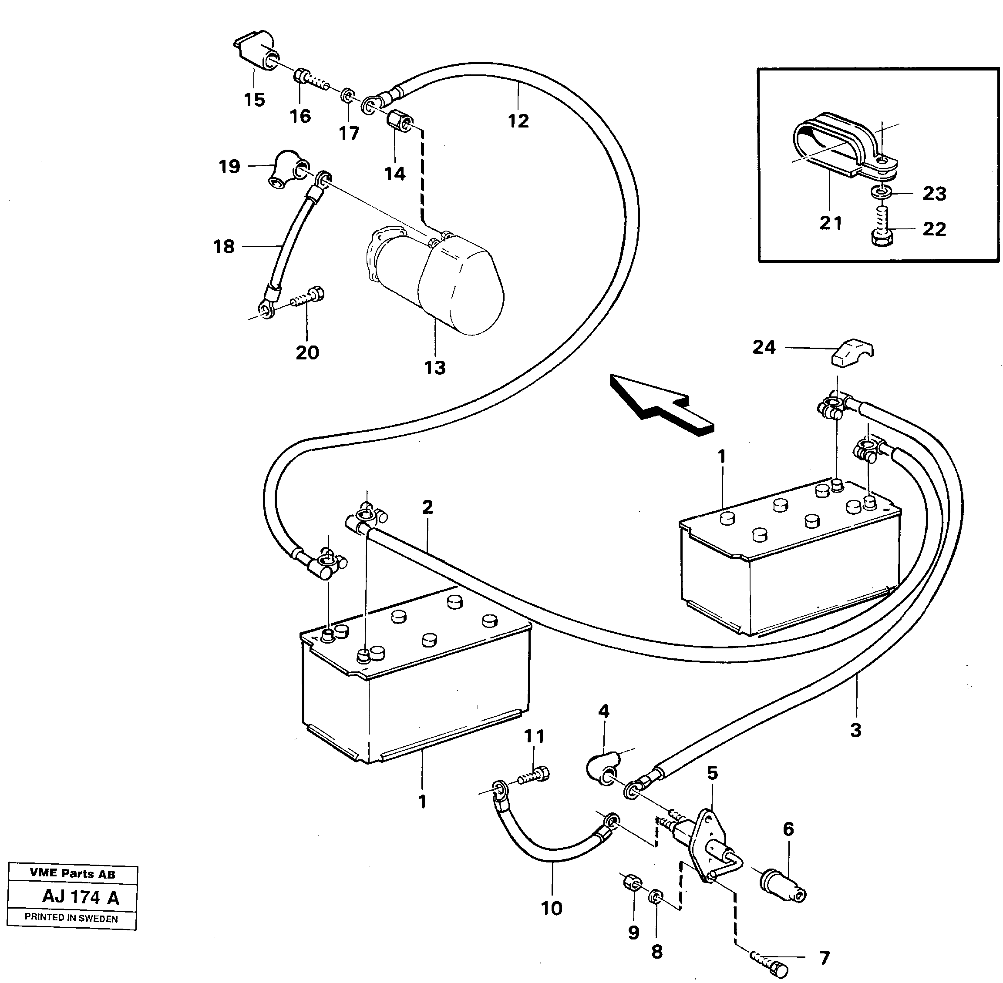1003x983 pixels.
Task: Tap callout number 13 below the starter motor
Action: tap(434, 368)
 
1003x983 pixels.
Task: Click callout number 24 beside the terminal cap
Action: tap(764, 347)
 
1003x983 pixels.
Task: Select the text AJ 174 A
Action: tap(81, 897)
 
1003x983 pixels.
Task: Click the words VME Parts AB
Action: tap(72, 873)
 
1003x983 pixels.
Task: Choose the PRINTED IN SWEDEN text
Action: tap(71, 919)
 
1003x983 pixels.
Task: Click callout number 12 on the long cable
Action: tap(518, 121)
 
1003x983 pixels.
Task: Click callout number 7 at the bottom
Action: tap(825, 959)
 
